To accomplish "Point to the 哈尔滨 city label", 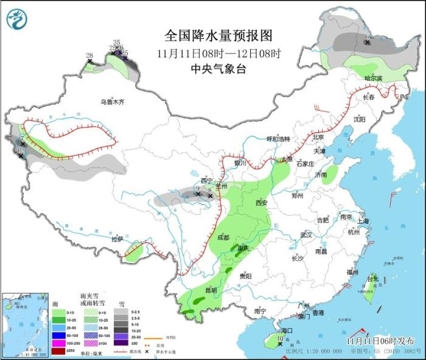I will (373, 78).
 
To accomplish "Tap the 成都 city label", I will (223, 238).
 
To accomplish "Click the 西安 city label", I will (262, 202).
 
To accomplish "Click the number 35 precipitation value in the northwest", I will (117, 42).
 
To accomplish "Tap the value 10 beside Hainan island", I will (280, 339).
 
